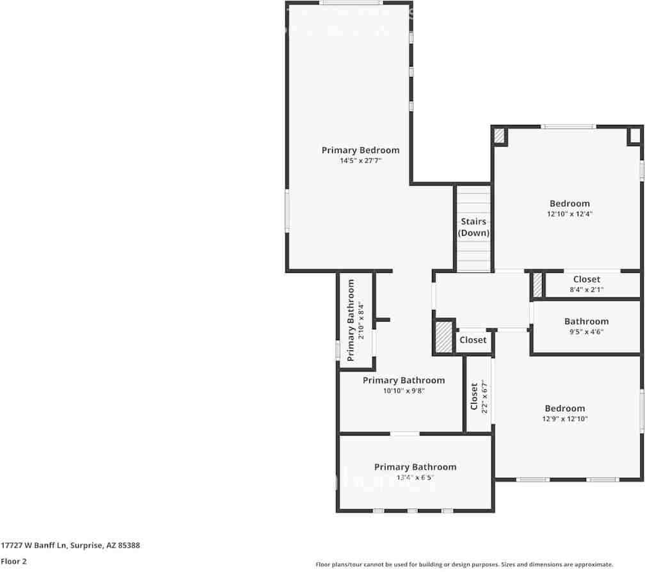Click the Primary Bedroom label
click(360, 150)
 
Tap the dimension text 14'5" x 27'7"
click(360, 161)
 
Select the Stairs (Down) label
click(474, 227)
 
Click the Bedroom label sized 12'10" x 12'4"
click(569, 204)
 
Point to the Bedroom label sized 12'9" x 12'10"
click(564, 408)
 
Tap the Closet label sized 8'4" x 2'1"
click(586, 279)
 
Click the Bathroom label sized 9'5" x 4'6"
click(586, 322)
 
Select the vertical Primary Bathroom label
click(351, 320)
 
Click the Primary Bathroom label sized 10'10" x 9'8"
click(403, 380)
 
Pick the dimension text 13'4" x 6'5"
click(415, 478)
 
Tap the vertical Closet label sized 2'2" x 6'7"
click(474, 397)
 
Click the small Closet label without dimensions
click(473, 340)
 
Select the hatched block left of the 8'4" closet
click(537, 285)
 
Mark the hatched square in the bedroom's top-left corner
click(499, 135)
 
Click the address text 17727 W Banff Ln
click(70, 546)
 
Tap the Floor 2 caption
click(13, 561)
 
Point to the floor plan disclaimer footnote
click(465, 564)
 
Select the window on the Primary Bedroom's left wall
click(287, 211)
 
